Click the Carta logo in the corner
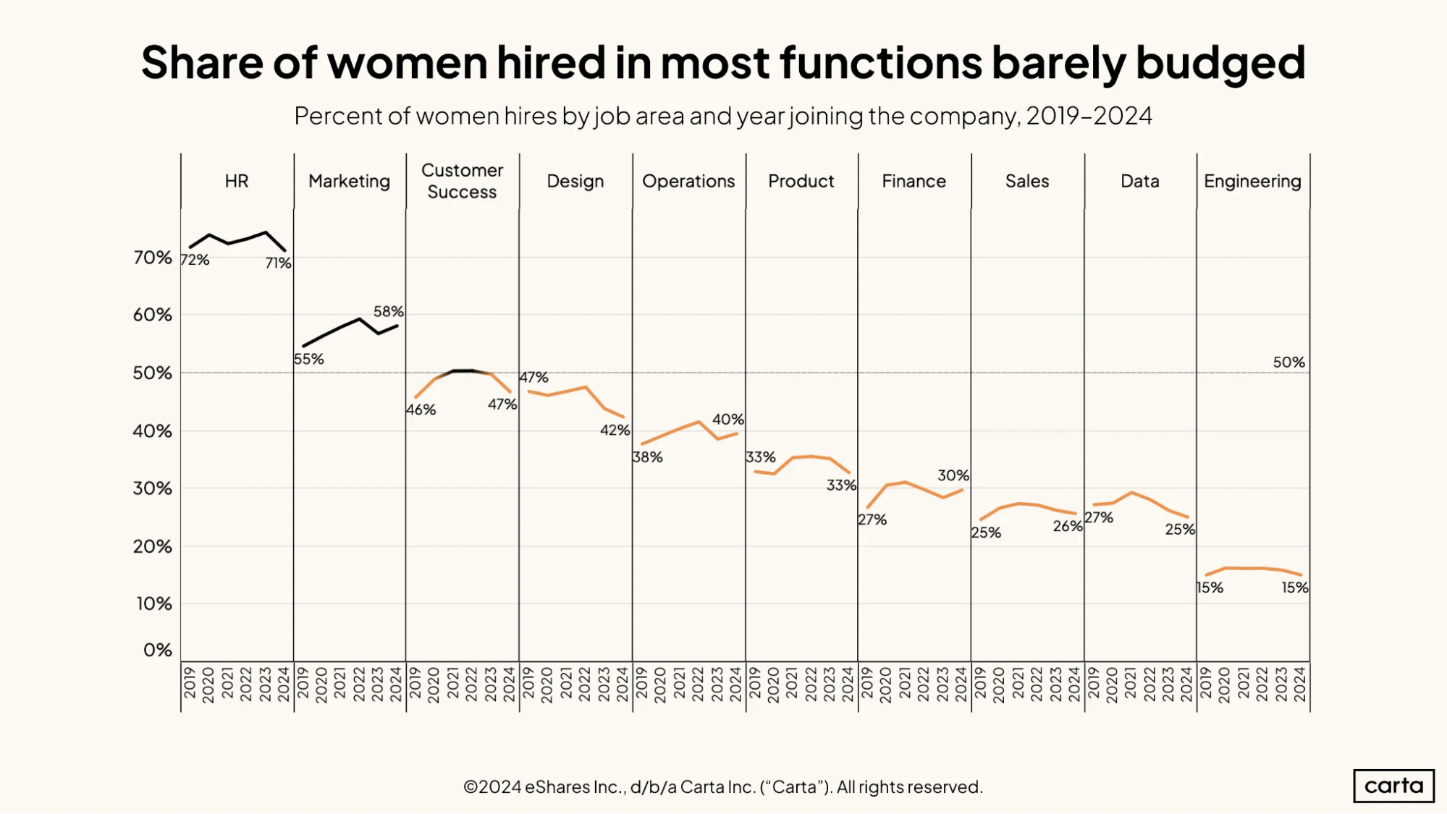click(1393, 786)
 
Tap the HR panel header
click(237, 181)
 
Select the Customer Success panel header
click(462, 181)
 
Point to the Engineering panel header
click(1252, 182)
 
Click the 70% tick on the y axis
click(153, 258)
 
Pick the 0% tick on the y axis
click(158, 650)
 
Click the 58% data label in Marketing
click(389, 311)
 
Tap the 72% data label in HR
click(195, 260)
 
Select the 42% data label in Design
click(615, 430)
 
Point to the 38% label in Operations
click(648, 457)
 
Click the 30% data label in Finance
click(953, 475)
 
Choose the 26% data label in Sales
click(1068, 526)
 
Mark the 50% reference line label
click(1289, 362)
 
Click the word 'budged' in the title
click(1220, 64)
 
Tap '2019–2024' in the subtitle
click(1089, 116)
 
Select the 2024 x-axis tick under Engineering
click(1300, 684)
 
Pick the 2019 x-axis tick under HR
click(190, 684)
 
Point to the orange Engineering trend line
click(1253, 568)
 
